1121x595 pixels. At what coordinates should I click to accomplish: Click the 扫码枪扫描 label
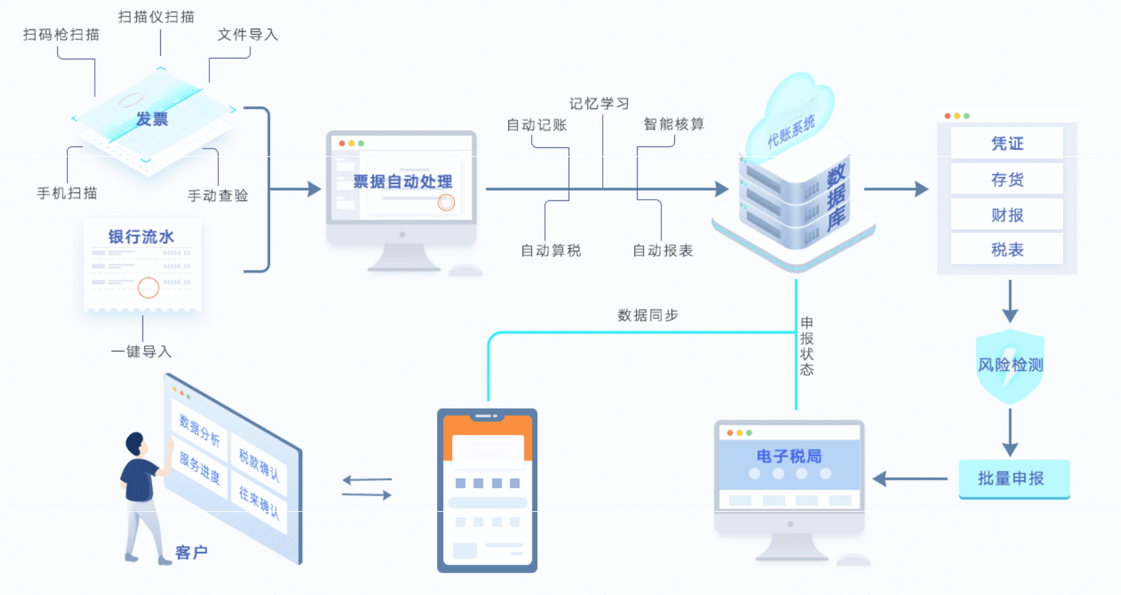61,35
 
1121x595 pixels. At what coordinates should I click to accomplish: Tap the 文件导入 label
248,35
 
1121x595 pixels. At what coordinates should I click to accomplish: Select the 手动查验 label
218,196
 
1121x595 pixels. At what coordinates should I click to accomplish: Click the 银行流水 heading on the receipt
141,237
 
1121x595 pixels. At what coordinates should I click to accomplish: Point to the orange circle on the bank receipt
149,288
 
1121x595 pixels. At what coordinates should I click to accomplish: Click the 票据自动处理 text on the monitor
402,181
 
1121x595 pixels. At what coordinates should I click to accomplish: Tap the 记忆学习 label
599,104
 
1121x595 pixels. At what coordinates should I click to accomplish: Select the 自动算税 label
551,251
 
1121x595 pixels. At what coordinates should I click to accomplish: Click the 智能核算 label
674,124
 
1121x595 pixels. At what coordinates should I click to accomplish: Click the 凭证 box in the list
1007,143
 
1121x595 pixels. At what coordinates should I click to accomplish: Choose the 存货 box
1007,179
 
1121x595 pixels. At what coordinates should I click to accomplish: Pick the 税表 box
1007,249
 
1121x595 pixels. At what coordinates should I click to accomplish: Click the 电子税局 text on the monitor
789,456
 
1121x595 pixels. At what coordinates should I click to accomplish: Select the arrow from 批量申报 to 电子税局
910,479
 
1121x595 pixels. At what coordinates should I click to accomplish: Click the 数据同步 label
648,315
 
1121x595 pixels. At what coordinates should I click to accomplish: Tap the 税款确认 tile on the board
259,465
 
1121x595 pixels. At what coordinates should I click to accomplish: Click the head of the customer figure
136,443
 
